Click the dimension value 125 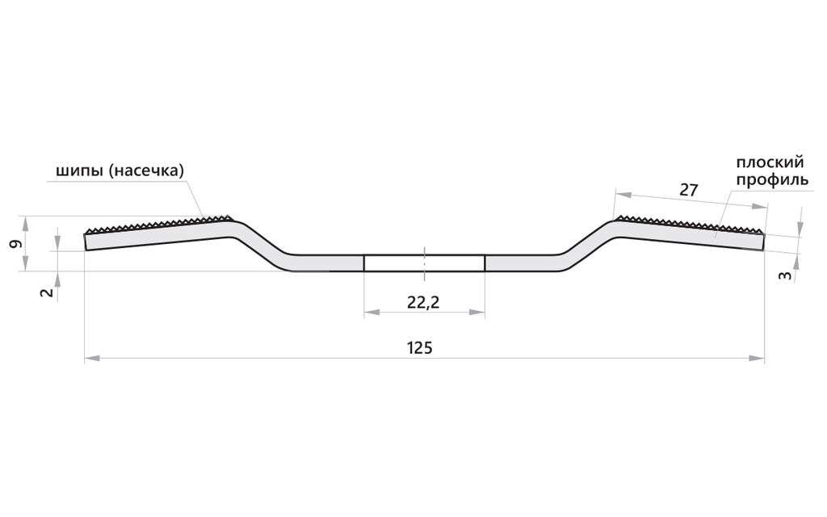pyautogui.click(x=420, y=348)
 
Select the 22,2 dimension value pyautogui.click(x=423, y=302)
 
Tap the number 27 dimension pyautogui.click(x=688, y=189)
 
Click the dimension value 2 pyautogui.click(x=48, y=292)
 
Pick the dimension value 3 pyautogui.click(x=785, y=275)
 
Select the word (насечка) pyautogui.click(x=147, y=171)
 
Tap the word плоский pyautogui.click(x=770, y=162)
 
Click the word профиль pyautogui.click(x=772, y=180)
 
